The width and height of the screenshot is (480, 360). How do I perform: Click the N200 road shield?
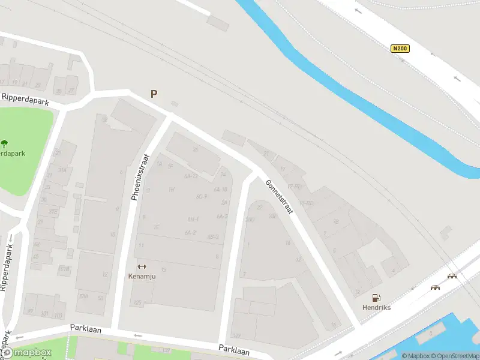pyautogui.click(x=400, y=49)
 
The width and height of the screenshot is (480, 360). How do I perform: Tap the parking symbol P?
pyautogui.click(x=154, y=94)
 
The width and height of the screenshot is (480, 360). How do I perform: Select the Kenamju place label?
pyautogui.click(x=142, y=276)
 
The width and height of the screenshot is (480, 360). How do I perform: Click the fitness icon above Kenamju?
pyautogui.click(x=142, y=266)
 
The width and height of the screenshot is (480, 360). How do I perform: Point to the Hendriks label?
pyautogui.click(x=376, y=307)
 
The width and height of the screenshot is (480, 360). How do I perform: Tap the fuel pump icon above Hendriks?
pyautogui.click(x=376, y=297)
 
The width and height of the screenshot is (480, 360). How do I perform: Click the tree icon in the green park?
pyautogui.click(x=5, y=143)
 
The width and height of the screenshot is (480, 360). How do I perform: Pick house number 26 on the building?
pyautogui.click(x=195, y=149)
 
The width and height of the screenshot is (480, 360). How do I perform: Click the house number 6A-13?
pyautogui.click(x=191, y=176)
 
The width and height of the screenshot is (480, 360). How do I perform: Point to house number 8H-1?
pyautogui.click(x=193, y=219)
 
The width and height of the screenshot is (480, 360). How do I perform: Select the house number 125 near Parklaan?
pyautogui.click(x=137, y=303)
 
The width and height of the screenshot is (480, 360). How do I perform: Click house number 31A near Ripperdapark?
pyautogui.click(x=62, y=170)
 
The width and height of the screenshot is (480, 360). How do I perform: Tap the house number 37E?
pyautogui.click(x=53, y=211)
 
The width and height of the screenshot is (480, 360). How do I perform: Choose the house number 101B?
pyautogui.click(x=64, y=269)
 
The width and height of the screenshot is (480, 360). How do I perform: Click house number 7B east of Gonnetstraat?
pyautogui.click(x=336, y=222)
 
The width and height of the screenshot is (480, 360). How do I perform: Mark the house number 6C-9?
pyautogui.click(x=201, y=197)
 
